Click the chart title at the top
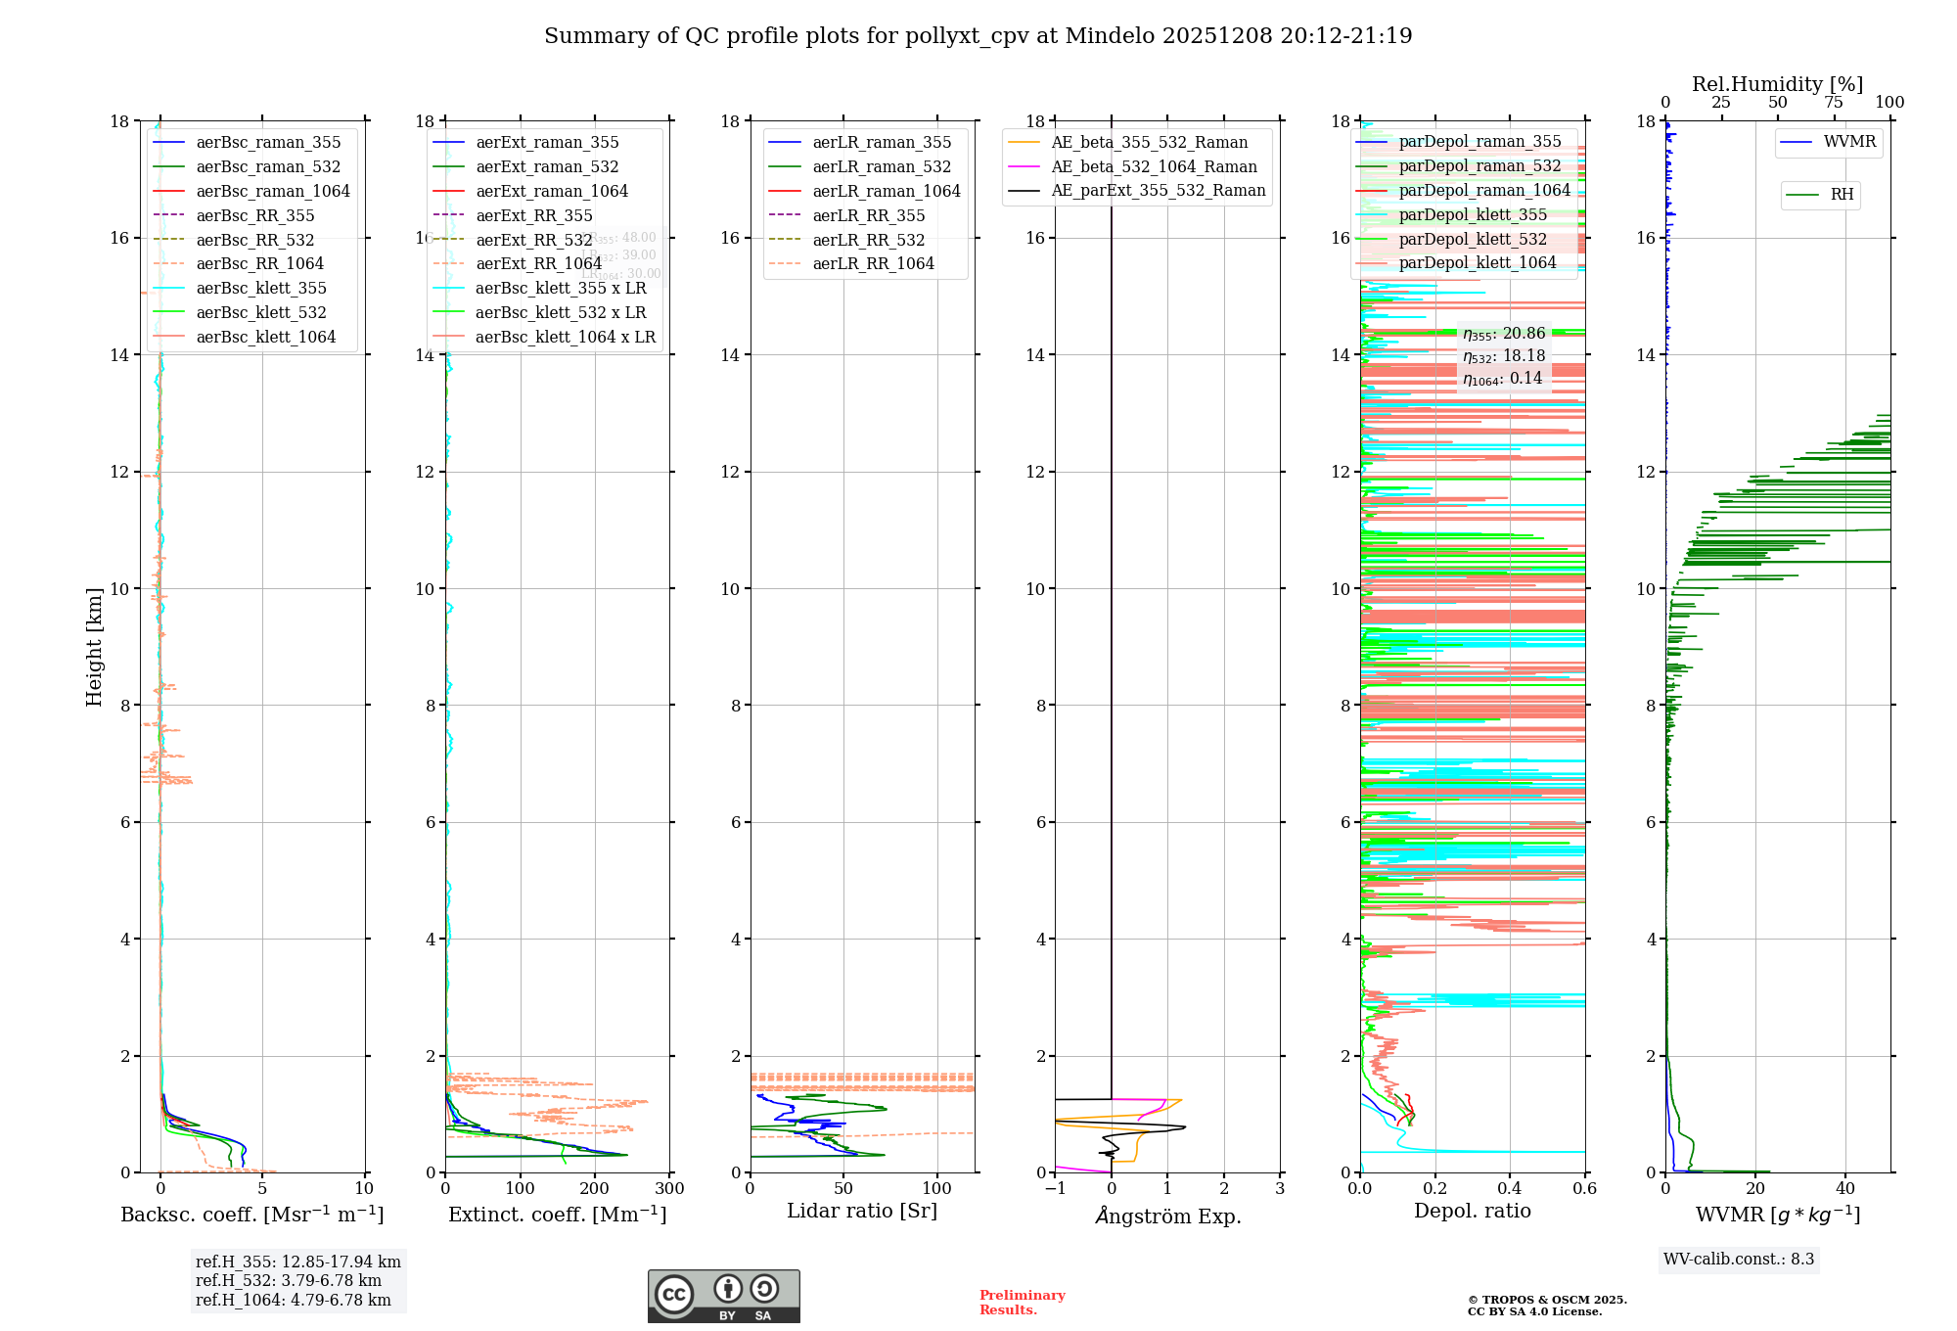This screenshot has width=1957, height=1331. click(978, 36)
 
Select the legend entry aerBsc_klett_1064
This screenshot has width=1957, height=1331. click(265, 337)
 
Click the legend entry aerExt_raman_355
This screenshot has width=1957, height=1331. click(547, 143)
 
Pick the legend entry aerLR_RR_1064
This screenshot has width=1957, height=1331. click(873, 263)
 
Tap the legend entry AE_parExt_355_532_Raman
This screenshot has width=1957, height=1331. click(1158, 190)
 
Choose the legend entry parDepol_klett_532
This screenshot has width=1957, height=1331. click(1473, 239)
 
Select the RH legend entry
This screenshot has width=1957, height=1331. click(1842, 195)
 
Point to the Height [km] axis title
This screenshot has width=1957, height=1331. click(94, 646)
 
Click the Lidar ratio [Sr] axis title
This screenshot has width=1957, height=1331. click(862, 1211)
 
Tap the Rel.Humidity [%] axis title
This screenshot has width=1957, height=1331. click(1777, 84)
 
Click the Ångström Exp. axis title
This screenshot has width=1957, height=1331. click(1168, 1216)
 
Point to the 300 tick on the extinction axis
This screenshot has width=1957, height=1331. click(670, 1189)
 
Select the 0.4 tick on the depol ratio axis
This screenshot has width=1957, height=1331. click(1510, 1189)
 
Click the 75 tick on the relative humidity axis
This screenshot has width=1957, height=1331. click(1834, 103)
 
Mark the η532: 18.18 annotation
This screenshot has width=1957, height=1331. click(1504, 356)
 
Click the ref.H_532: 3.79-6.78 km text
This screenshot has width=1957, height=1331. click(289, 1280)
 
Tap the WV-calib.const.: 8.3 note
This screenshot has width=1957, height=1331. click(1739, 1260)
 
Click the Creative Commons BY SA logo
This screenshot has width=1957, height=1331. click(723, 1297)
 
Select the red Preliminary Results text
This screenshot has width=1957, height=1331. click(1022, 1303)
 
